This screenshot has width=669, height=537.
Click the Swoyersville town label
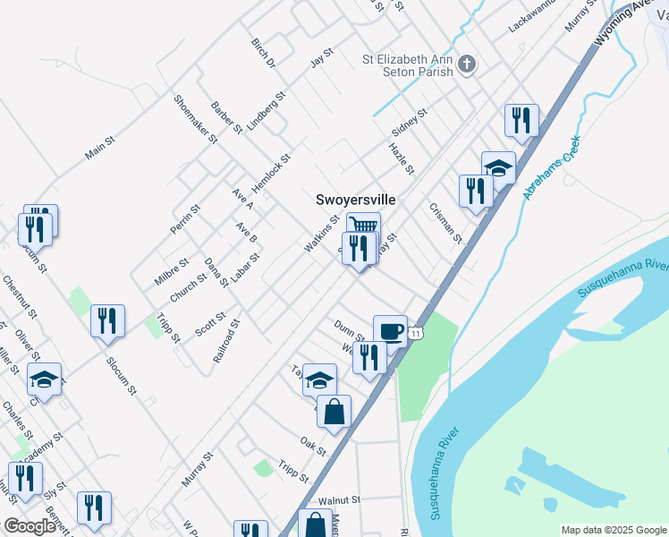(355, 200)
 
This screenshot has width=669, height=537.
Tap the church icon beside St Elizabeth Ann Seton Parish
(466, 64)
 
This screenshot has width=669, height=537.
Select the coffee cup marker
(389, 330)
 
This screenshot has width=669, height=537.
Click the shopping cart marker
(363, 226)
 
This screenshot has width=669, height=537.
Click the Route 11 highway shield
(416, 333)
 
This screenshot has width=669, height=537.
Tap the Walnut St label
(338, 500)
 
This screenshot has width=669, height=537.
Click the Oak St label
(314, 443)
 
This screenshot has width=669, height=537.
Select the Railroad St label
(226, 340)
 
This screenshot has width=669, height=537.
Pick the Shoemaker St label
(196, 119)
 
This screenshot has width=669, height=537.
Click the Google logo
(30, 526)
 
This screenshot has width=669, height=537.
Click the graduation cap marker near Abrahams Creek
(498, 166)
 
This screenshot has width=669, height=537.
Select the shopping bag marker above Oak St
(334, 412)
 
